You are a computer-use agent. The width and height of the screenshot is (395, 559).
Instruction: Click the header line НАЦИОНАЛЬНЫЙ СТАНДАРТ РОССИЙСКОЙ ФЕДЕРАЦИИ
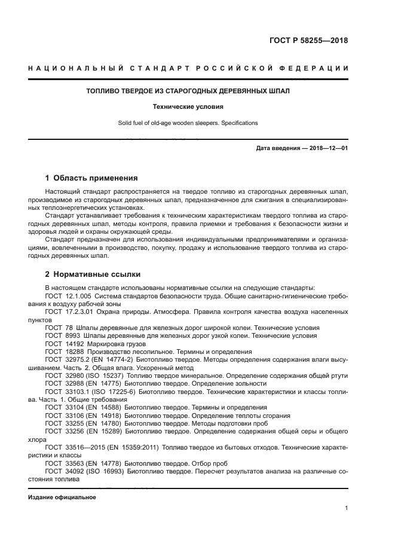(x=188, y=68)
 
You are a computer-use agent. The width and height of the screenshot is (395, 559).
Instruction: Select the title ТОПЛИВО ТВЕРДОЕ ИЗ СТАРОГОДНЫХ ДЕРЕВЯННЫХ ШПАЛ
(x=188, y=91)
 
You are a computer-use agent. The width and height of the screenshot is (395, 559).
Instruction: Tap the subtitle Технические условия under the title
(x=188, y=107)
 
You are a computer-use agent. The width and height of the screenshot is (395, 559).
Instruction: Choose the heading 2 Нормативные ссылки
(x=93, y=274)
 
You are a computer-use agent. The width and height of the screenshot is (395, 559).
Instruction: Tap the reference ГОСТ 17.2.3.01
(x=67, y=312)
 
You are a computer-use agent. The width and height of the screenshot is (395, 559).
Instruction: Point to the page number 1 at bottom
(x=346, y=508)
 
